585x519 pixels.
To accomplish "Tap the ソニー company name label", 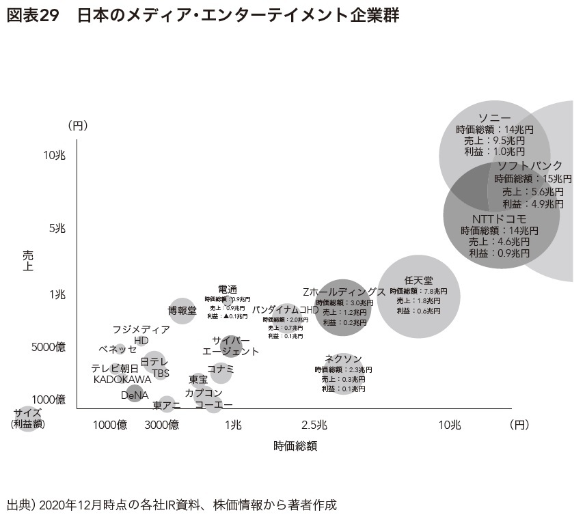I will [494, 117].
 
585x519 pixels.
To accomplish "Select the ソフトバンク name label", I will [530, 166].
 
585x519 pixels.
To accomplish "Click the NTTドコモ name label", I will [499, 219].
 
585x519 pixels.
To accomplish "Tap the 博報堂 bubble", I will [182, 311].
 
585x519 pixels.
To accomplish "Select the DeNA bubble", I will [134, 394].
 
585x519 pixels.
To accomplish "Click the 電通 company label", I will [228, 289].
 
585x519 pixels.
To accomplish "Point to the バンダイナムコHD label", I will [286, 309].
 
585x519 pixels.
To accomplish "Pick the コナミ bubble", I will [221, 372].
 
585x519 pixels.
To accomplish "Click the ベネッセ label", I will [118, 349].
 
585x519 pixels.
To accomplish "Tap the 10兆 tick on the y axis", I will [54, 156].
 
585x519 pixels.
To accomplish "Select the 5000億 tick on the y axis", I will [49, 347].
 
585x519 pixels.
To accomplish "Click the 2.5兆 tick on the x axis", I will [316, 425].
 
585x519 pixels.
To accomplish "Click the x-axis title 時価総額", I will [295, 447].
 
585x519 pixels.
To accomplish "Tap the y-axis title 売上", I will [28, 261].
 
